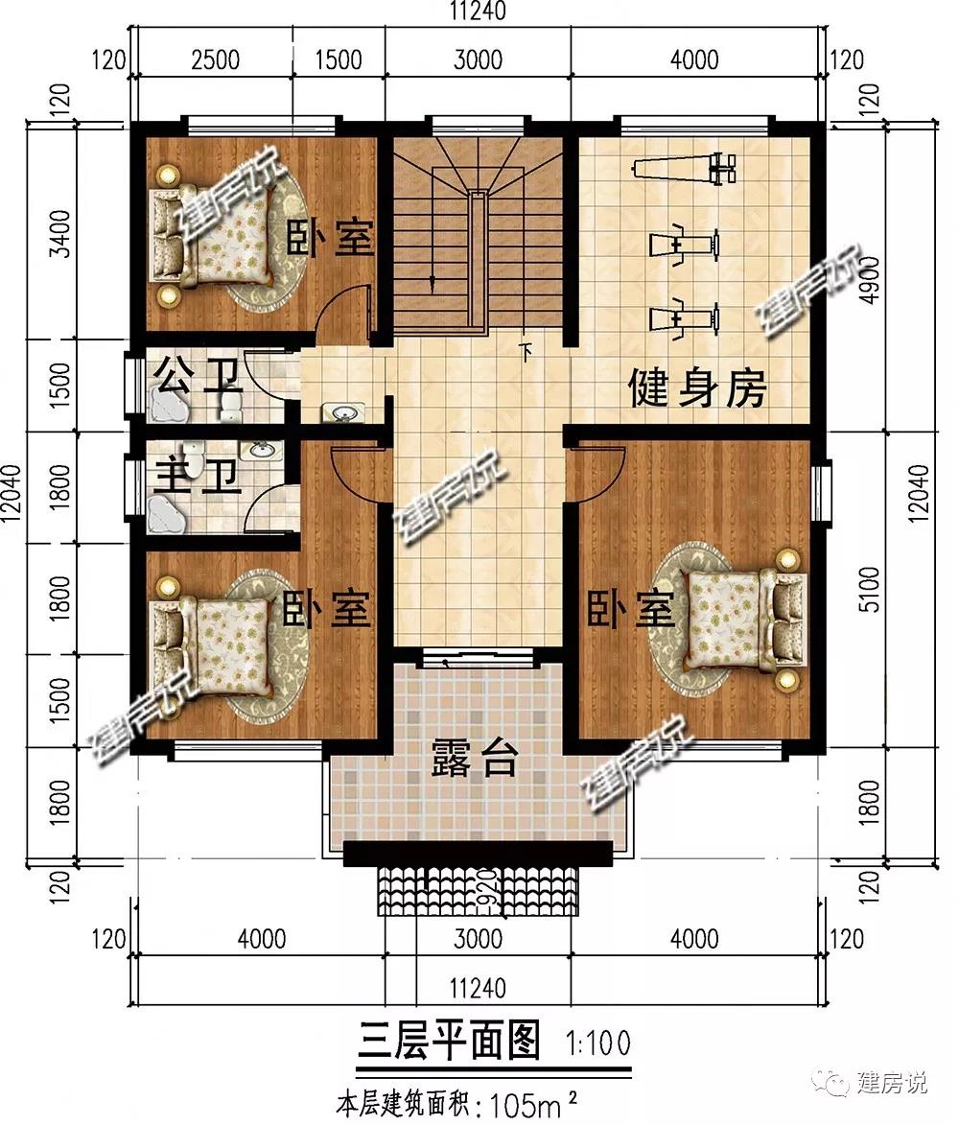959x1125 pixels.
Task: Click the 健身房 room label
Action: click(x=697, y=388)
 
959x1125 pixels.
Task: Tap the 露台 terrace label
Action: click(x=474, y=758)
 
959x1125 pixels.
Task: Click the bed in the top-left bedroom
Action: click(x=212, y=236)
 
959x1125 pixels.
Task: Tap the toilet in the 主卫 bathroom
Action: click(x=193, y=455)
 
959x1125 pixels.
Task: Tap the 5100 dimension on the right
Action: click(x=869, y=589)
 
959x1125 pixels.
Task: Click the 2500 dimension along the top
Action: click(x=215, y=59)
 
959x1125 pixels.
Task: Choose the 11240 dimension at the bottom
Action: click(x=478, y=988)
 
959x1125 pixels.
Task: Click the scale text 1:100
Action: click(x=598, y=1043)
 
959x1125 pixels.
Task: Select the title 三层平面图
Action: click(x=448, y=1042)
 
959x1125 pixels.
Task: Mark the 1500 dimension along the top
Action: click(x=339, y=59)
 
